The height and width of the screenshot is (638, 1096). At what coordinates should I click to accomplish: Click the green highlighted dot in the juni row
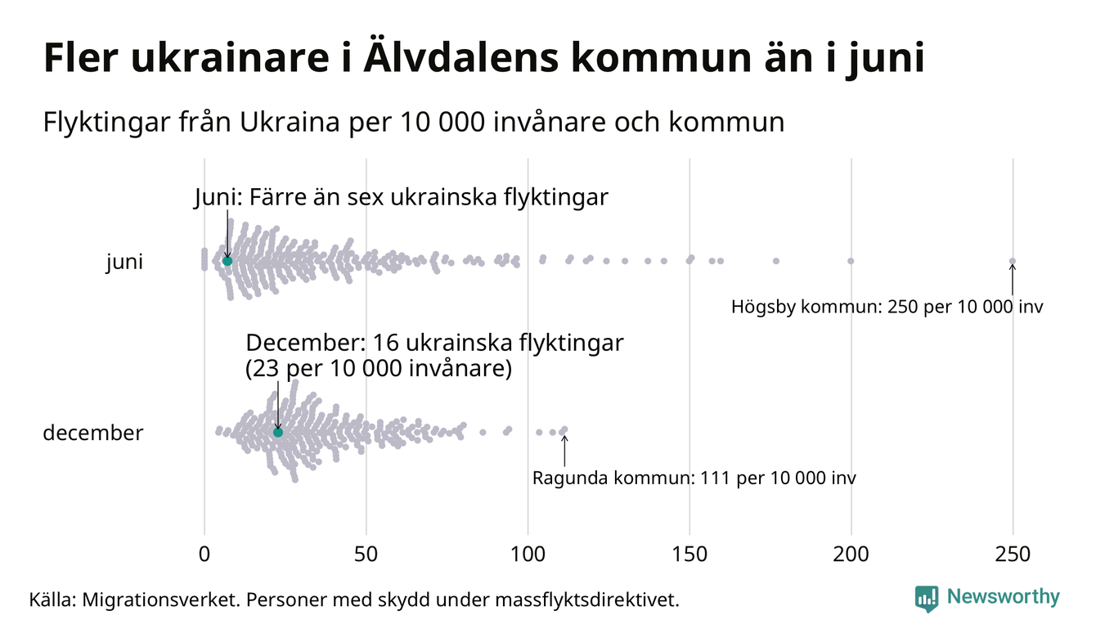[227, 261]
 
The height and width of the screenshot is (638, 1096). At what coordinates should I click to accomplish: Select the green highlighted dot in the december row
[278, 432]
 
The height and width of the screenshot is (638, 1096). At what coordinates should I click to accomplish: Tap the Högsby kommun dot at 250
[1013, 262]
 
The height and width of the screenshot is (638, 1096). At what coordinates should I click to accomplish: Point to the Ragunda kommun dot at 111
[564, 430]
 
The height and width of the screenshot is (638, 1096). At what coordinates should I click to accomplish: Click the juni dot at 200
[851, 261]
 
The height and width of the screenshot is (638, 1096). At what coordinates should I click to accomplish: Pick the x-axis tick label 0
[204, 555]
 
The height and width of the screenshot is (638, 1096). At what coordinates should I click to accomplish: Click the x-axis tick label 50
[366, 555]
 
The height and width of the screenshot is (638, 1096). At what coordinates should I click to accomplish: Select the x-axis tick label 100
[528, 555]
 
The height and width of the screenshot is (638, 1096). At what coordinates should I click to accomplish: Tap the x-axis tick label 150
[689, 555]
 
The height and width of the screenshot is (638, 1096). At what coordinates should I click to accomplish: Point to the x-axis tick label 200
[851, 555]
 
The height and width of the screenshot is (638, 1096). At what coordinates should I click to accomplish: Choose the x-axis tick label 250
[1013, 555]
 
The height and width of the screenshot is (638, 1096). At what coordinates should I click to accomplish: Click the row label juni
[124, 263]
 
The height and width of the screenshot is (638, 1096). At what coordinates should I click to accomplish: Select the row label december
[92, 433]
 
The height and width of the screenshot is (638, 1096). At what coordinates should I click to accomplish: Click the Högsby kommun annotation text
[887, 308]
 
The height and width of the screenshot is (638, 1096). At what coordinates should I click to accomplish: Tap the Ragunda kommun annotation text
[694, 478]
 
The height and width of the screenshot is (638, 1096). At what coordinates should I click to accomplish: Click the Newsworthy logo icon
[927, 599]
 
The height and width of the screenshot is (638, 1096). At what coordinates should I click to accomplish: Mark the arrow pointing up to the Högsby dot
[1013, 279]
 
